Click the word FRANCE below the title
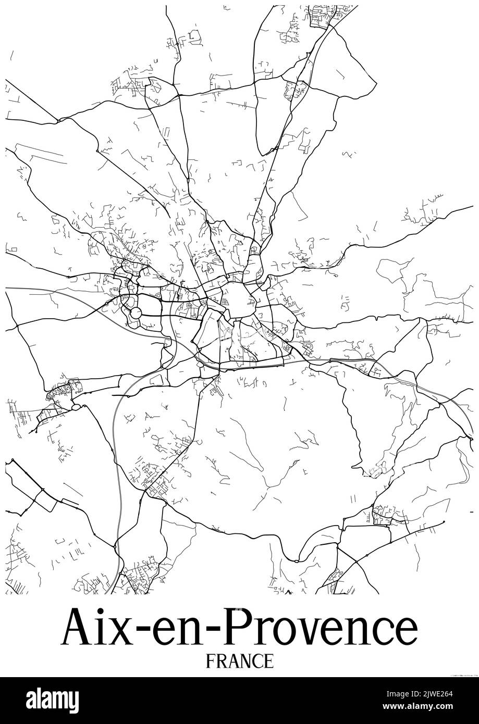240,661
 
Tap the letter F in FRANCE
211,661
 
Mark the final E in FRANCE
268,661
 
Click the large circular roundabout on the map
136,313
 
